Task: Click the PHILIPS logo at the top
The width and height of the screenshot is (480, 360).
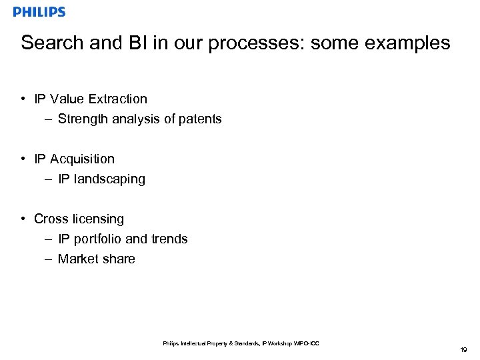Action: (x=39, y=12)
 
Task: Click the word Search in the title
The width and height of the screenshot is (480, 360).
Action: (x=52, y=43)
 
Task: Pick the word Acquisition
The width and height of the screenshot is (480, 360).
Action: (x=82, y=159)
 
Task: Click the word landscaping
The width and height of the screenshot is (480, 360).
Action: (x=109, y=179)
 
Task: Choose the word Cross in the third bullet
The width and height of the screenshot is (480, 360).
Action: (x=51, y=219)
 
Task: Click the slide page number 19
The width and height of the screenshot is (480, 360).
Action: (x=463, y=350)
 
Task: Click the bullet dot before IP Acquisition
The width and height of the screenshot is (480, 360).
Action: (x=23, y=159)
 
